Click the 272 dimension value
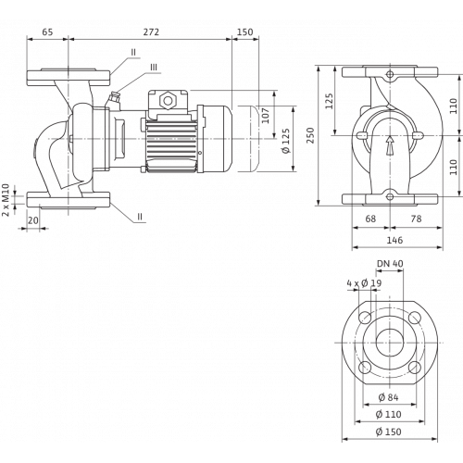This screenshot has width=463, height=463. click(x=151, y=32)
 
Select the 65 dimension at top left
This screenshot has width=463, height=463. click(x=47, y=32)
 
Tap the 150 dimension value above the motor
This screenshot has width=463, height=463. click(x=245, y=32)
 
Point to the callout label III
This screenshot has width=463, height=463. click(x=154, y=68)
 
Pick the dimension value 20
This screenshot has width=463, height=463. click(x=33, y=220)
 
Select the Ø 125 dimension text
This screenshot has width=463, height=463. click(x=286, y=141)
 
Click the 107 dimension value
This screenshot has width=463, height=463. click(x=266, y=116)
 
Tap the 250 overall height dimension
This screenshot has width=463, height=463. click(x=310, y=135)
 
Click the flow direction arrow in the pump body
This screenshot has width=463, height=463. click(x=390, y=144)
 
